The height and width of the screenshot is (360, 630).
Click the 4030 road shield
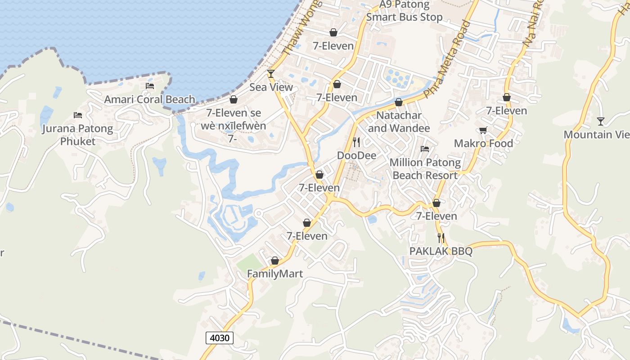[x=220, y=337]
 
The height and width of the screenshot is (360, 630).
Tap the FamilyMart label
[x=275, y=274]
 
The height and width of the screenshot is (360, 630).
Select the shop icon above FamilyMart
[x=275, y=261]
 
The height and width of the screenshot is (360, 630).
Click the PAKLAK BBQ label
[x=441, y=251]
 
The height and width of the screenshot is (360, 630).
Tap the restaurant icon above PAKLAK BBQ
[x=441, y=238]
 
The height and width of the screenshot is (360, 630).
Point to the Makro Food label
[x=483, y=143]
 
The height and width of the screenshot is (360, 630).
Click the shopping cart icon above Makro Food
[x=483, y=130]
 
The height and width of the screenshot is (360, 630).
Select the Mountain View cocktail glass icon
[x=601, y=121]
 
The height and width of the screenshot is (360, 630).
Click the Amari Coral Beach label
[x=150, y=99]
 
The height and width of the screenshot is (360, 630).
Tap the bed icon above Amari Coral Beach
[x=150, y=86]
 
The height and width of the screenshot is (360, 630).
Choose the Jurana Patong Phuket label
[x=78, y=135]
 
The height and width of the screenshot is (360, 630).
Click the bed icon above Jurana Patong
[x=78, y=115]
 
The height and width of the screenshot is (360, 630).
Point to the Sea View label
[x=271, y=87]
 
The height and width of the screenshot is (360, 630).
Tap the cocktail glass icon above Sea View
[x=271, y=73]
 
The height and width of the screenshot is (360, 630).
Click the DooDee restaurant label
[x=356, y=155]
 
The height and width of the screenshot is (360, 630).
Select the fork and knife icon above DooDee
[x=356, y=142]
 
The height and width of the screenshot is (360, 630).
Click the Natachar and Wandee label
[x=399, y=121]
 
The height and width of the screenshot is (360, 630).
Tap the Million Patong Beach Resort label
[x=425, y=168]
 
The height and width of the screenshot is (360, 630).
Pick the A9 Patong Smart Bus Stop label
[x=404, y=11]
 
